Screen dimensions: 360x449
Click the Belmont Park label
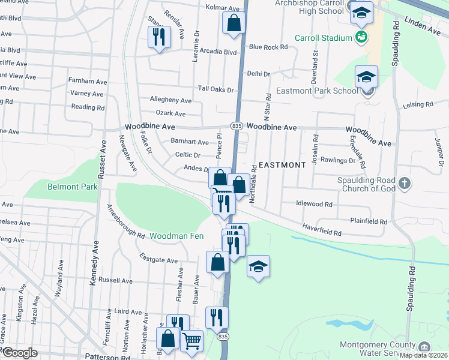click(x=72, y=187)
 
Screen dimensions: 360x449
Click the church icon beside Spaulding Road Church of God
click(x=405, y=183)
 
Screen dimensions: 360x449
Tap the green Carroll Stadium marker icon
click(x=361, y=38)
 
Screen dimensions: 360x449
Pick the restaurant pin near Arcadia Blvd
click(x=159, y=37)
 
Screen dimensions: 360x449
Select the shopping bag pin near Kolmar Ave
click(x=234, y=23)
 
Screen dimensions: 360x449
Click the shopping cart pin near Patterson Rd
click(x=192, y=340)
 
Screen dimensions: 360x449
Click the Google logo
click(x=20, y=352)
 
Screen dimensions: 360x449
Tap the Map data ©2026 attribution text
click(x=424, y=355)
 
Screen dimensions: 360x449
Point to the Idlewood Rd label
click(x=314, y=204)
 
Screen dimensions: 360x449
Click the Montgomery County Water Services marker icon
click(x=424, y=346)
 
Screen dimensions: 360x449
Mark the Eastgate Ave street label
click(x=159, y=260)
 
